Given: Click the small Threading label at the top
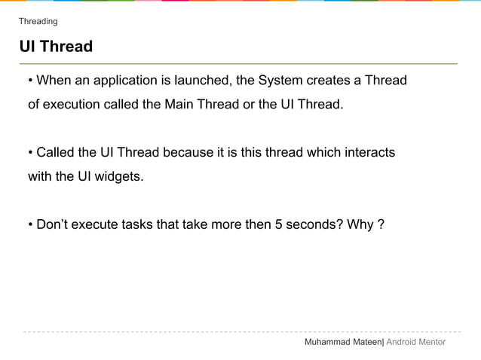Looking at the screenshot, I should [38, 21].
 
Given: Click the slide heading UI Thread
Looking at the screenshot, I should [56, 47].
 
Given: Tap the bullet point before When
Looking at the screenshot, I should [30, 81].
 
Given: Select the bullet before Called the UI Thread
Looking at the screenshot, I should [30, 153].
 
